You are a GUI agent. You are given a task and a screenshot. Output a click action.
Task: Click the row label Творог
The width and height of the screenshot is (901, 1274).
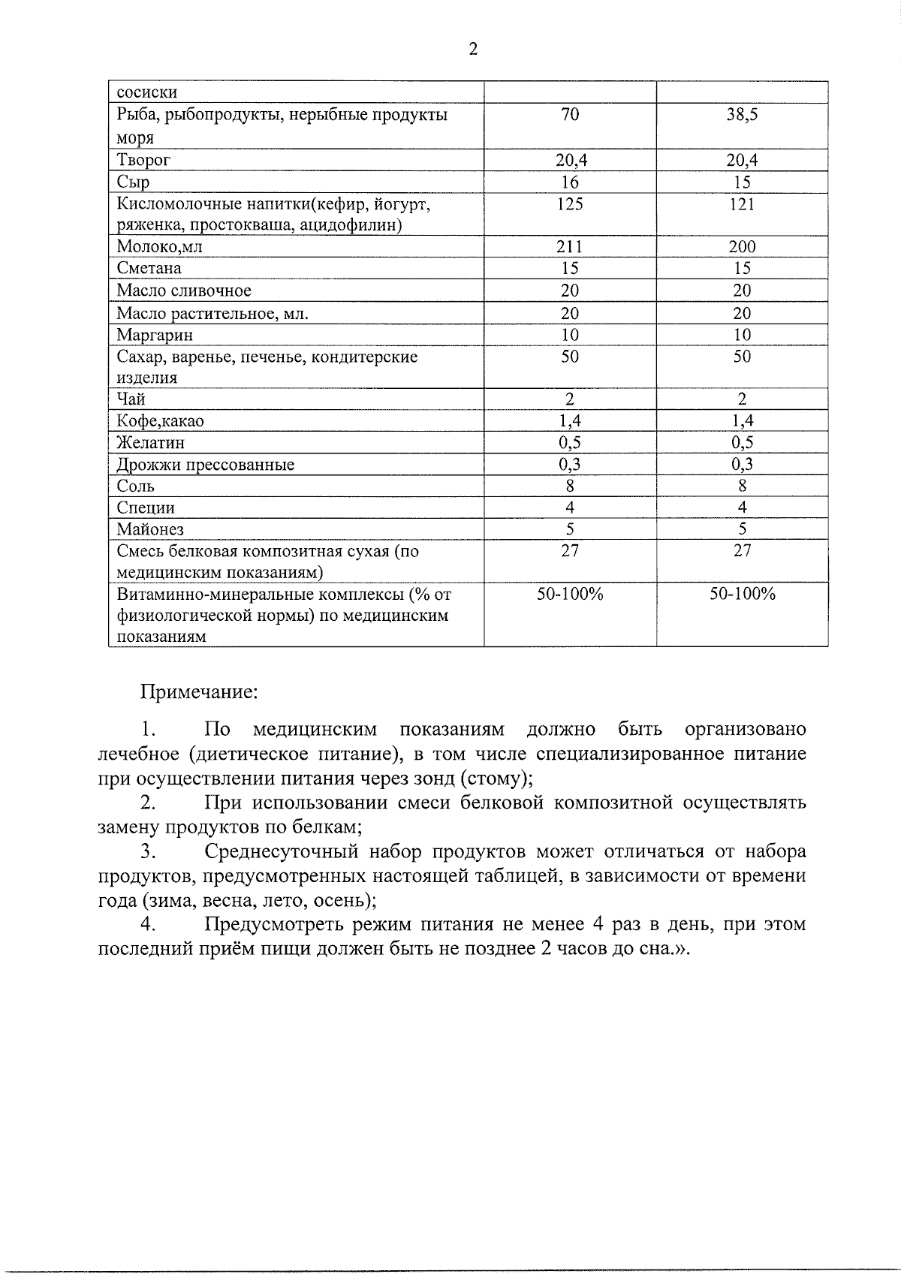(143, 160)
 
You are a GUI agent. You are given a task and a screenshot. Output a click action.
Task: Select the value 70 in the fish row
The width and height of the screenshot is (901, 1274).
(570, 115)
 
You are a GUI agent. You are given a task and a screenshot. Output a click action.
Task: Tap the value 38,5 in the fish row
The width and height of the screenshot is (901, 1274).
(742, 115)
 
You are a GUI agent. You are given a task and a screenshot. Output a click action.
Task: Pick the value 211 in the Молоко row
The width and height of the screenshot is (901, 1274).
(570, 246)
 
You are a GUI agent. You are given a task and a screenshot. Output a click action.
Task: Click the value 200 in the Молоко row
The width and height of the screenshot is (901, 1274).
(742, 246)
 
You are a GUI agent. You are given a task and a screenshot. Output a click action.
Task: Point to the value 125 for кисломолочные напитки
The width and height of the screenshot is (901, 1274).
(570, 204)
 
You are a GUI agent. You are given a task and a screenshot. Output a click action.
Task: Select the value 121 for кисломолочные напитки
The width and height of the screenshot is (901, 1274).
(742, 204)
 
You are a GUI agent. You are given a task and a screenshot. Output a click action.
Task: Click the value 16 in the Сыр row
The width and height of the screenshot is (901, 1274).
(570, 182)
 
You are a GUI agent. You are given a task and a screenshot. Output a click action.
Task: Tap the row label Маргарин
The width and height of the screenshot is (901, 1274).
(155, 335)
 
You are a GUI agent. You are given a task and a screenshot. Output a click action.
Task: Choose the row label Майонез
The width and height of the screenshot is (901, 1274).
(150, 529)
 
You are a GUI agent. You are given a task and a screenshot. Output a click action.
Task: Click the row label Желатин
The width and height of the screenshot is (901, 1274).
(150, 443)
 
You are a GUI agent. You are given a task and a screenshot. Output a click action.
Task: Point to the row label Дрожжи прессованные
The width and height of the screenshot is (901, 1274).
(205, 465)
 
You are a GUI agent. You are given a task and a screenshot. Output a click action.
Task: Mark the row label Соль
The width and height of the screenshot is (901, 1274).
(135, 486)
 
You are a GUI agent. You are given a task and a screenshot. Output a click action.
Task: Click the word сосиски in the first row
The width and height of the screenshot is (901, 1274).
(147, 93)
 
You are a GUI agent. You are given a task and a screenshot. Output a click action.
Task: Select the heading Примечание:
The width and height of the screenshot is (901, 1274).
(200, 691)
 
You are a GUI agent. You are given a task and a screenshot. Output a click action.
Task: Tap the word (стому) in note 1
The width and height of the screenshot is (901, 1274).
(493, 778)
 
